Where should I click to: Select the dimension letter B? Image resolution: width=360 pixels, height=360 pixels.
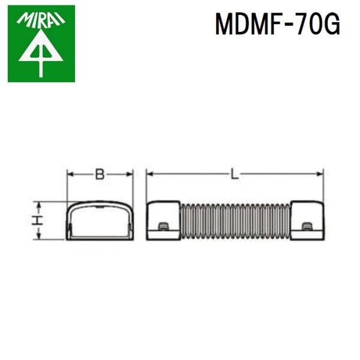[100, 175]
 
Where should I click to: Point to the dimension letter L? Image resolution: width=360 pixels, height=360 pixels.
[235, 175]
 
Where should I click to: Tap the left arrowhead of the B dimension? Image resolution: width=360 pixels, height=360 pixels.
[69, 175]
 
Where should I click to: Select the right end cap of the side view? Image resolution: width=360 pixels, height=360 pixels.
[308, 221]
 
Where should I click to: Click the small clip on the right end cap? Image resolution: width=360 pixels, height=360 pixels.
[307, 226]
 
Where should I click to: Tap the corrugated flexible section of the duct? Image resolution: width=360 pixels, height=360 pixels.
[235, 221]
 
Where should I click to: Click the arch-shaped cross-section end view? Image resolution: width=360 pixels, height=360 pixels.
[99, 221]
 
